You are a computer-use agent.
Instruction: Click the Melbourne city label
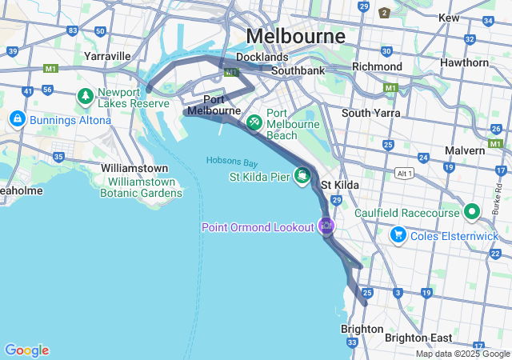point(296,36)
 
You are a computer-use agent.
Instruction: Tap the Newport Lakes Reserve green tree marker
point(86,96)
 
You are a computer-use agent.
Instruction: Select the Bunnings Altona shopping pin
point(16,119)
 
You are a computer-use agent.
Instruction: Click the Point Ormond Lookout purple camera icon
point(326,226)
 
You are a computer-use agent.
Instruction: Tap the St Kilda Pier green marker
point(303,174)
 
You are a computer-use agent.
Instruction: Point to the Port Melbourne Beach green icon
point(254,122)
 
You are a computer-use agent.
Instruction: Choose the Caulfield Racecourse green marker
point(472,212)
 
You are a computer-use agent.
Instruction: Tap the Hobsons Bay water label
point(232,161)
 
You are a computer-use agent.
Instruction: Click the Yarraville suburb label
point(107,56)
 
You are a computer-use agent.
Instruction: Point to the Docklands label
point(262,57)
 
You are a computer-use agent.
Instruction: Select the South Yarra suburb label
point(370,113)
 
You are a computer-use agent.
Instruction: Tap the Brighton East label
point(418,338)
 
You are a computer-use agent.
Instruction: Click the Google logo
point(26,350)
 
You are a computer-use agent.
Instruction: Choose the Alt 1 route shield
point(404,173)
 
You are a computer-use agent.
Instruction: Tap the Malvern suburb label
point(465,150)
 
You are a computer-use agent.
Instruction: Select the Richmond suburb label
point(377,66)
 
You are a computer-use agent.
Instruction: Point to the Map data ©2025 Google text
point(462,354)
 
